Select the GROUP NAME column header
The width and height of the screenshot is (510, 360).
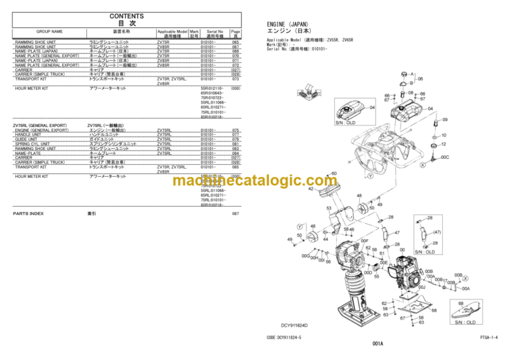(x=50, y=31)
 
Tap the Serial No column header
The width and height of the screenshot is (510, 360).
(x=214, y=31)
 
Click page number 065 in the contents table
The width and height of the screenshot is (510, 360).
(x=235, y=42)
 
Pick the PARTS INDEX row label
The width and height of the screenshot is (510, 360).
(x=29, y=214)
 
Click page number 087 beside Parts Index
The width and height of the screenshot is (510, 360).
(x=235, y=214)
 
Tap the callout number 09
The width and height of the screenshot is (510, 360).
(x=445, y=120)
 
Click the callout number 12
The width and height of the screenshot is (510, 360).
(x=444, y=144)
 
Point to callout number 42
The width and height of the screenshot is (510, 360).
(x=310, y=189)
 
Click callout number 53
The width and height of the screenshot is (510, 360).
(x=328, y=208)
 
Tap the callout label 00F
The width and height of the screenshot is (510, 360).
(x=364, y=240)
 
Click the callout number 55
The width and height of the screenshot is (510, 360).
(x=376, y=276)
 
